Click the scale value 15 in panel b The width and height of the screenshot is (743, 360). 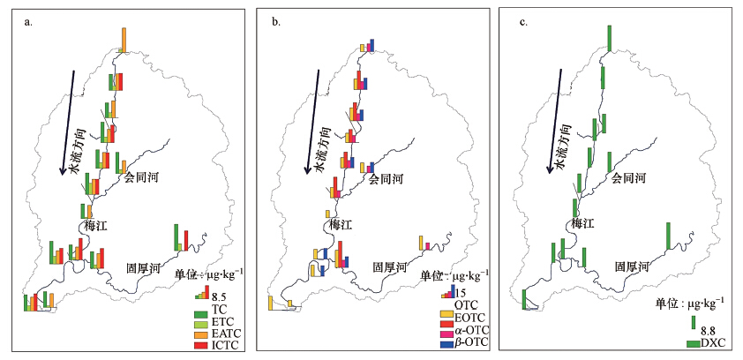click(x=461, y=293)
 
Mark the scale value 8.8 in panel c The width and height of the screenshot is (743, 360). click(x=707, y=331)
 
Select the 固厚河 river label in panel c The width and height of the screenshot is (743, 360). click(x=633, y=266)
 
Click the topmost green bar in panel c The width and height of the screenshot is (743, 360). click(x=609, y=38)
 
